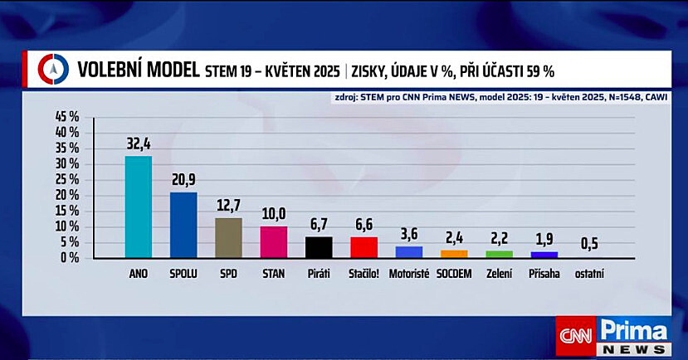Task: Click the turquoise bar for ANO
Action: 138,207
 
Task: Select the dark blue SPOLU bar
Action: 183,225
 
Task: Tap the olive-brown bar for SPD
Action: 228,237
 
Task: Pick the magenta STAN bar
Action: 273,241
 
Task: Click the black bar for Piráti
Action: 319,247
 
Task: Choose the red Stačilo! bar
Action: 364,247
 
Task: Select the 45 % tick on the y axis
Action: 66,117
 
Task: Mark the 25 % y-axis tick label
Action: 66,179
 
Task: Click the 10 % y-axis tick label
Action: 66,226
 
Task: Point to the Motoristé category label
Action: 408,274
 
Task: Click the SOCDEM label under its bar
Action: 453,274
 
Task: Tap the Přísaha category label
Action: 544,274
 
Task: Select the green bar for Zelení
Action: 499,254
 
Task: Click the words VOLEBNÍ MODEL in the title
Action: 139,70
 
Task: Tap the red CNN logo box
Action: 575,337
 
